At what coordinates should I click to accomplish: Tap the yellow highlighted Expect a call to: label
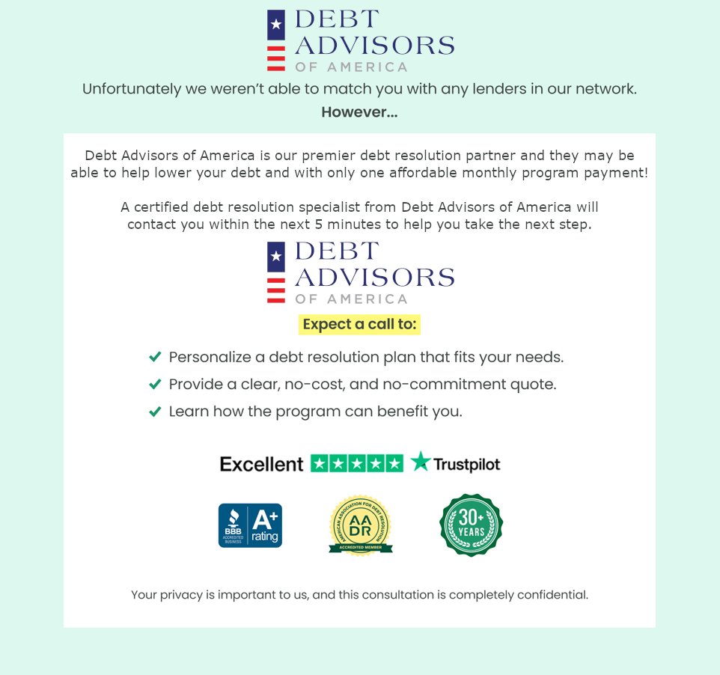[x=359, y=324]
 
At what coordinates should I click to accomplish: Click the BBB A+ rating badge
[x=250, y=525]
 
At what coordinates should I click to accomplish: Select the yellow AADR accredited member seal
[x=361, y=525]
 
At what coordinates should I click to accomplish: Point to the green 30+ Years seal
[x=471, y=525]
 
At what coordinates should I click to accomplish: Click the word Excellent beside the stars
[x=261, y=464]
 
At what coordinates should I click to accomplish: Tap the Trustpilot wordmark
[x=466, y=464]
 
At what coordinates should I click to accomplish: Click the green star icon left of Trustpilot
[x=421, y=462]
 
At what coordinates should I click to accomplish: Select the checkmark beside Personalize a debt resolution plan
[x=155, y=357]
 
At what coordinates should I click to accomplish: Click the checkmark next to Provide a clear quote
[x=155, y=384]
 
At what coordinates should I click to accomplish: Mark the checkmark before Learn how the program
[x=155, y=412]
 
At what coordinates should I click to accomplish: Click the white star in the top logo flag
[x=276, y=24]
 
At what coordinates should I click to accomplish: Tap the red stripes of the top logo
[x=276, y=58]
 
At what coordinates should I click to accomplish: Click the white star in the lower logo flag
[x=276, y=256]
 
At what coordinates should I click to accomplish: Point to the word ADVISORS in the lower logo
[x=374, y=277]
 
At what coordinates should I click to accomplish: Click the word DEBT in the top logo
[x=338, y=19]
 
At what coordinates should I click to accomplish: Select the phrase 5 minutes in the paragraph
[x=352, y=225]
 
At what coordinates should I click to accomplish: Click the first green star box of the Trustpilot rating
[x=320, y=463]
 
